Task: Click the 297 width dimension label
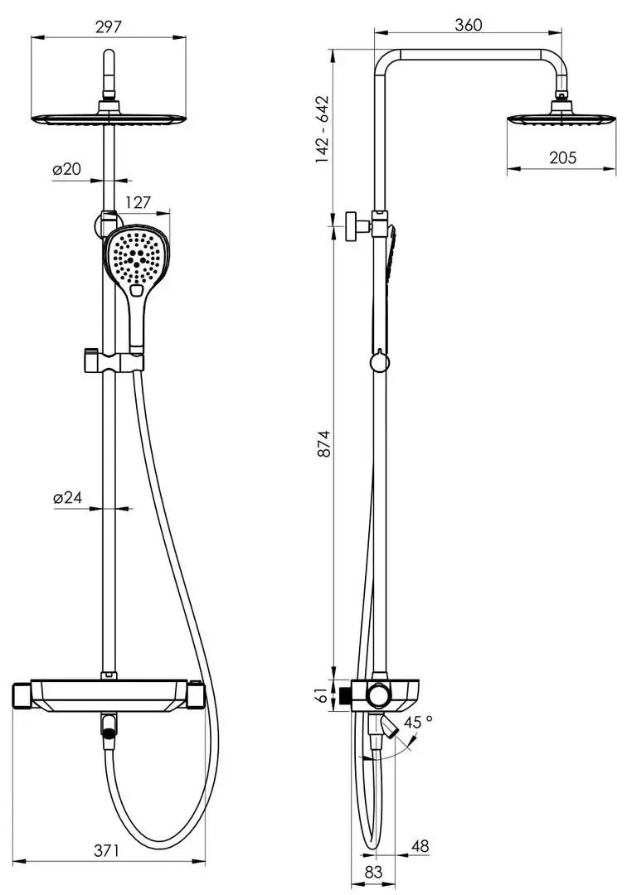click(x=109, y=27)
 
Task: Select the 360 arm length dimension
click(x=469, y=25)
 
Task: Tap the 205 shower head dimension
click(x=562, y=157)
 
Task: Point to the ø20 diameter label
click(x=67, y=169)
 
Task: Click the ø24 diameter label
click(x=68, y=497)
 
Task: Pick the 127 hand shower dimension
click(x=139, y=202)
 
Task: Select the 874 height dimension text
click(x=323, y=443)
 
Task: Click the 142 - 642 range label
click(x=323, y=129)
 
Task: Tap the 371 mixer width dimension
click(x=107, y=850)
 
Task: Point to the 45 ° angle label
click(x=418, y=722)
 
